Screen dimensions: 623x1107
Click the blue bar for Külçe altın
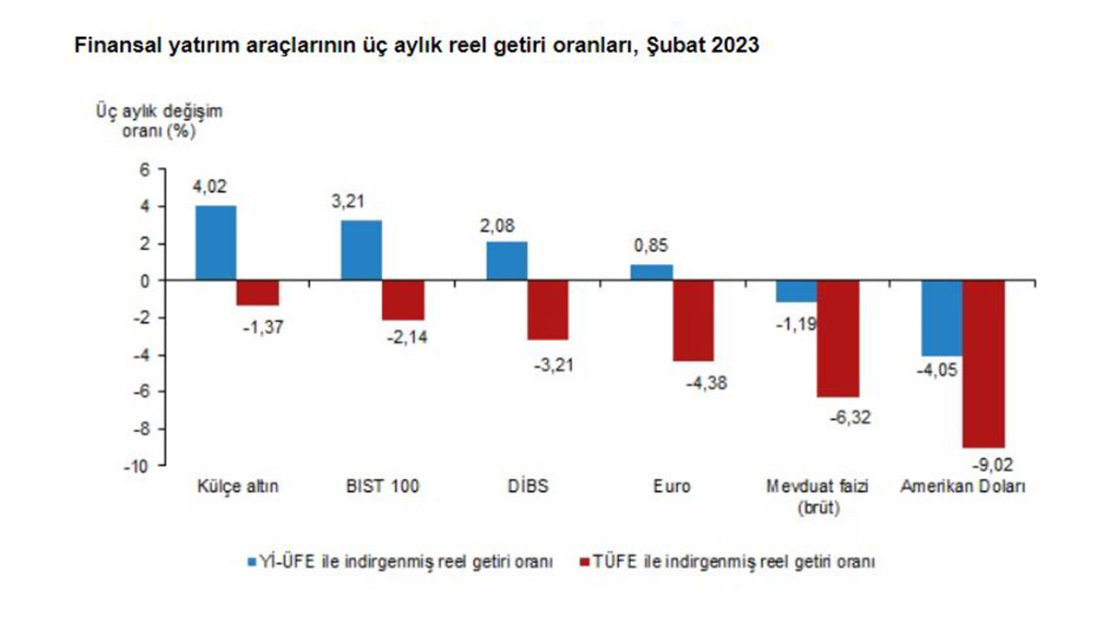click(x=216, y=243)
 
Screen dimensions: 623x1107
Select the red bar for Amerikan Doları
click(x=984, y=364)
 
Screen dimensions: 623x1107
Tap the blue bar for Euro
click(x=652, y=272)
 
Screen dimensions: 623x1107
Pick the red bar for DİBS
click(x=548, y=310)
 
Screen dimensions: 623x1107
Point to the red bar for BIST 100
click(x=403, y=300)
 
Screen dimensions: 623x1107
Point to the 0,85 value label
click(x=650, y=247)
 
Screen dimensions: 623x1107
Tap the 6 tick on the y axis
click(x=143, y=170)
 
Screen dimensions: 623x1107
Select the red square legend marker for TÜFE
click(x=584, y=561)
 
